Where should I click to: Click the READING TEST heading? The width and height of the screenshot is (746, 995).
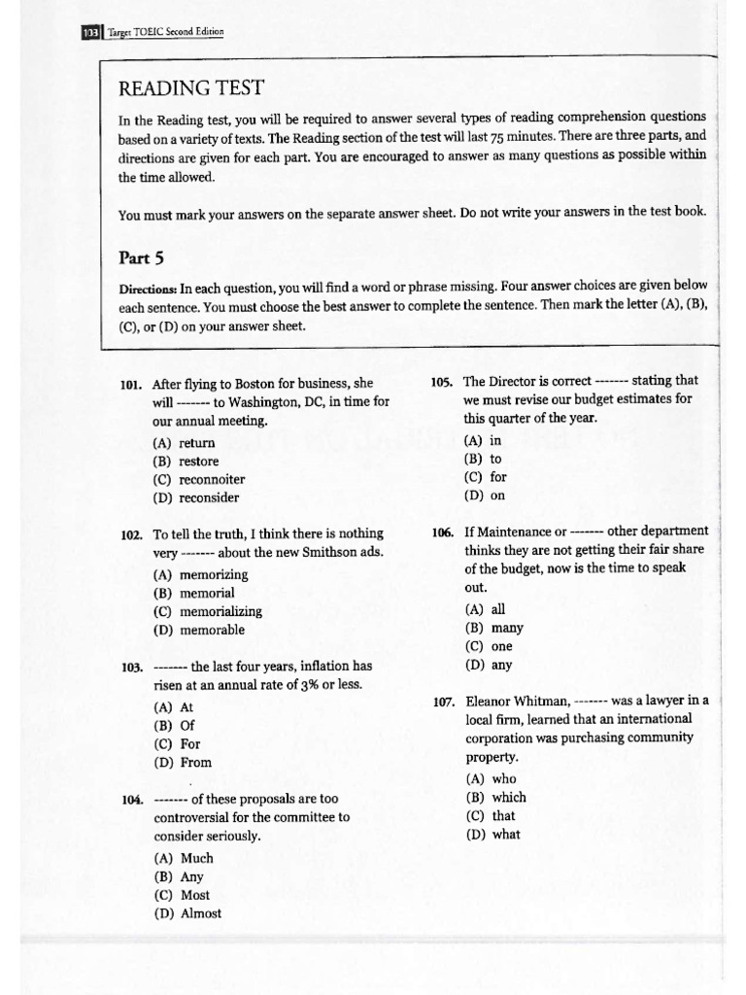pyautogui.click(x=189, y=88)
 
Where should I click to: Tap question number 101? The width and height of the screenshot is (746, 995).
pyautogui.click(x=132, y=384)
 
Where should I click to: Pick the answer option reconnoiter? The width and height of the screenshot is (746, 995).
pyautogui.click(x=198, y=479)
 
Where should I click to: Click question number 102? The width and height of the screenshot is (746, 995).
pyautogui.click(x=132, y=534)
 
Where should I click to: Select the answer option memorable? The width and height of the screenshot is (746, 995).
pyautogui.click(x=198, y=630)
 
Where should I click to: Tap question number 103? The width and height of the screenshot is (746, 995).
pyautogui.click(x=132, y=668)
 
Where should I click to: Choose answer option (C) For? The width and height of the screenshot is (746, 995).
pyautogui.click(x=177, y=744)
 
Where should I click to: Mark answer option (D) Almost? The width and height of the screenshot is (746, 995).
pyautogui.click(x=187, y=913)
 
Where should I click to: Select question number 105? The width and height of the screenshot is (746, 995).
pyautogui.click(x=442, y=381)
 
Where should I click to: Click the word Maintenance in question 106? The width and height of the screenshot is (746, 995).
pyautogui.click(x=515, y=532)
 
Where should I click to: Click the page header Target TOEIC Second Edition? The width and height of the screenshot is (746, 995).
pyautogui.click(x=172, y=32)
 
